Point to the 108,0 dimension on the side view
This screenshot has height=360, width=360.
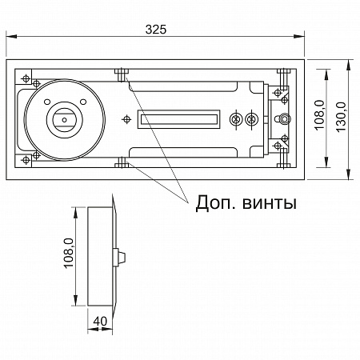(x=68, y=256)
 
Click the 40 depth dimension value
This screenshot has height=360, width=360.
(x=99, y=321)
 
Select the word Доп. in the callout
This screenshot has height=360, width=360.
(x=217, y=203)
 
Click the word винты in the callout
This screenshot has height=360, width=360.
(x=270, y=203)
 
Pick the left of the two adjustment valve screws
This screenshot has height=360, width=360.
(x=235, y=120)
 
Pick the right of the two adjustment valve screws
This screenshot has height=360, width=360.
(x=252, y=120)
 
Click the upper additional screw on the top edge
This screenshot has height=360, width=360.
(x=122, y=74)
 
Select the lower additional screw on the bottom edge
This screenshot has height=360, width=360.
(x=122, y=164)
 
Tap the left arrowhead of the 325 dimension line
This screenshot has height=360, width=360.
(x=10, y=36)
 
